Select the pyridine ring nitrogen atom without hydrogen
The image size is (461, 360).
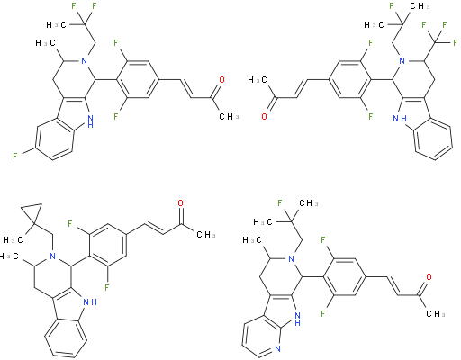click(x=277, y=349)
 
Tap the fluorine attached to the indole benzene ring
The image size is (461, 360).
click(x=14, y=156)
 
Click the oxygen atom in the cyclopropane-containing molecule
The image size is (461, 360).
click(x=180, y=203)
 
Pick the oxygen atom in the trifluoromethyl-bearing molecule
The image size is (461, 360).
click(x=264, y=116)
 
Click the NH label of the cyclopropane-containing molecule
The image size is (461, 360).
click(x=90, y=302)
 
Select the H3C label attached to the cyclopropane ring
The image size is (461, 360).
click(x=13, y=240)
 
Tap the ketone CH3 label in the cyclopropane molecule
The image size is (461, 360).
click(x=206, y=234)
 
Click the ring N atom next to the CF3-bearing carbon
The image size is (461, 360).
click(x=402, y=61)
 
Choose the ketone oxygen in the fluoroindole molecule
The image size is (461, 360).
click(x=221, y=80)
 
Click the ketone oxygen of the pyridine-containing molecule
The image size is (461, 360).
click(x=429, y=276)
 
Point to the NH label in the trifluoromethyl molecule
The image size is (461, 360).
click(x=400, y=119)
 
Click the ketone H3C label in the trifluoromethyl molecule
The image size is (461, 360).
click(x=258, y=80)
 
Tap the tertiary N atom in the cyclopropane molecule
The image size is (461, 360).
click(x=53, y=256)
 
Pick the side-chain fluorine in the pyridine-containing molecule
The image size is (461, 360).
click(x=279, y=203)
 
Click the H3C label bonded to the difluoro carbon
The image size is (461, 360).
click(x=56, y=24)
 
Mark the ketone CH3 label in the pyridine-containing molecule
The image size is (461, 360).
click(x=436, y=314)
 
